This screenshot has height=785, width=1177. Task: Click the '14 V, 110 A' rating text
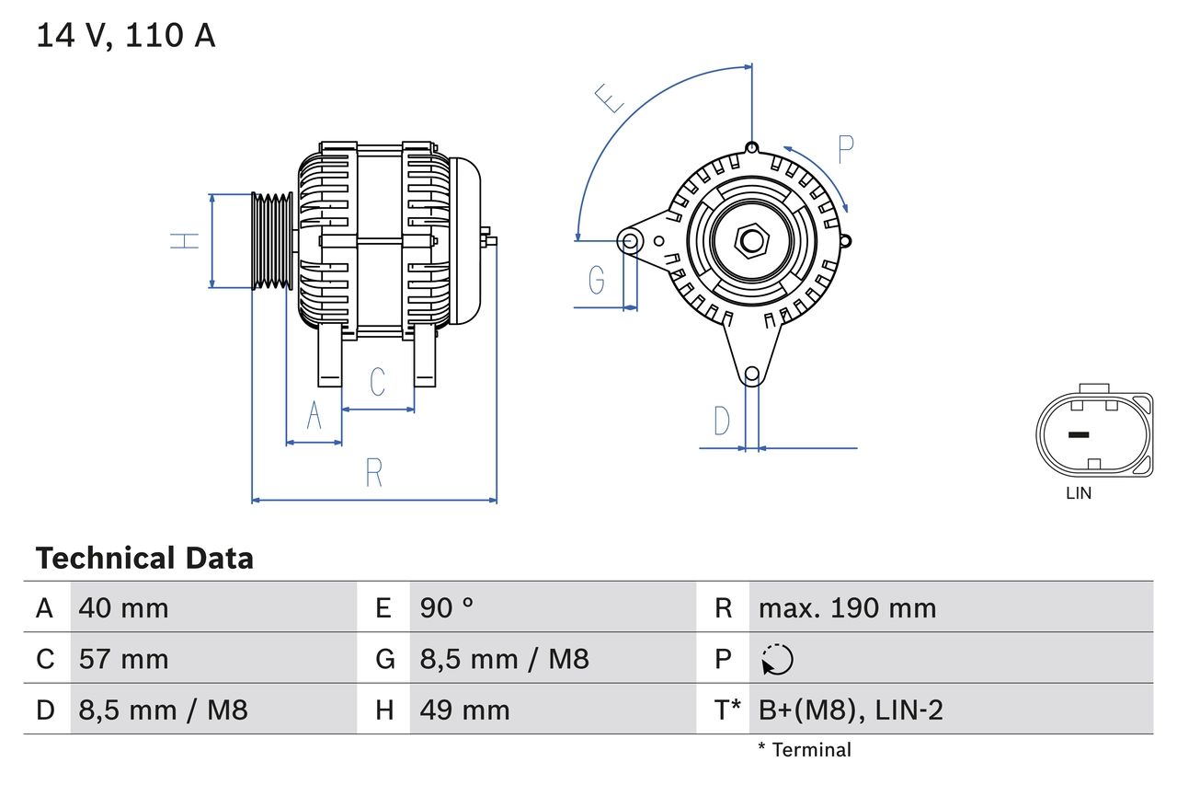pos(126,35)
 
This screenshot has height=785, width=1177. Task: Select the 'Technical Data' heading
pos(144,558)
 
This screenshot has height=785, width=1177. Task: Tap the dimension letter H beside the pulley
pos(185,241)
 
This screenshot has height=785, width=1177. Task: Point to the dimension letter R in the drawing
pos(373,472)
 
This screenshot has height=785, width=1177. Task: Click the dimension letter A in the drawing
pos(314,416)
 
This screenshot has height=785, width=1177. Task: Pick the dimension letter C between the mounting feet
pos(377,382)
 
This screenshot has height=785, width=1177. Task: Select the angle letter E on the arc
pos(610,98)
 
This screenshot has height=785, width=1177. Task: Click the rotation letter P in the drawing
pos(846,149)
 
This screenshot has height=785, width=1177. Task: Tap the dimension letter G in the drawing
pos(597,278)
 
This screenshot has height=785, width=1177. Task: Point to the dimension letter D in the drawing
pos(722,421)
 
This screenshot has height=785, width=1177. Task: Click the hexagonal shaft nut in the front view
pos(751,241)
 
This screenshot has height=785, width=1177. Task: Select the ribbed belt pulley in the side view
pos(273,241)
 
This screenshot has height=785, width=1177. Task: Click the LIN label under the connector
pos(1079,493)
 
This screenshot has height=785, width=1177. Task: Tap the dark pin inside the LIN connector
pos(1079,434)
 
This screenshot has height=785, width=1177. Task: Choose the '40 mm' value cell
pos(124,607)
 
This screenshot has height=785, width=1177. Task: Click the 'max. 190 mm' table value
pos(847,607)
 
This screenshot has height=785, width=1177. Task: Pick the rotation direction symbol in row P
pos(777,659)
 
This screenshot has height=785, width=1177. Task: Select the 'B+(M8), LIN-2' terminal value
pos(851,710)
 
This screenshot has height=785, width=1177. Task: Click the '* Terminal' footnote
pos(805,750)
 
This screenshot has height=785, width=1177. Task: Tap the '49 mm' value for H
pos(464,710)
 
